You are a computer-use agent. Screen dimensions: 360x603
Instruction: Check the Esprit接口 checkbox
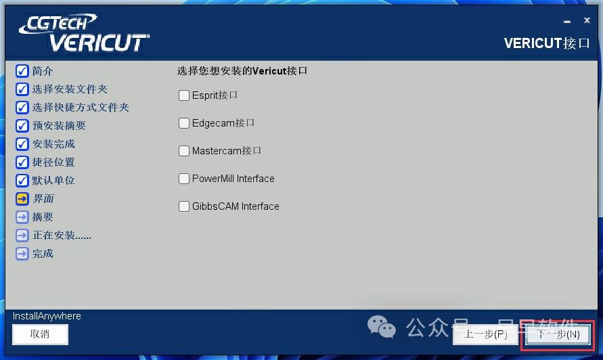(184, 95)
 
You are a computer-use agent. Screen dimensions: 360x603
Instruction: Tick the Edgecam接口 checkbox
(184, 123)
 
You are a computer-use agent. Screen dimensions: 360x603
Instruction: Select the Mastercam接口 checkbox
(184, 151)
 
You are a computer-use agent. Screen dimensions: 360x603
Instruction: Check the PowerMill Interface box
(184, 179)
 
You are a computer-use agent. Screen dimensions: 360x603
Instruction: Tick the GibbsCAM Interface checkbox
(184, 206)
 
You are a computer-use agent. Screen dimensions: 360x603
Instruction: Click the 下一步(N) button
(558, 334)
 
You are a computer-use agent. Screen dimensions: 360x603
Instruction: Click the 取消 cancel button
(40, 334)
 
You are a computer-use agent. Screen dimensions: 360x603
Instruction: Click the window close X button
(587, 21)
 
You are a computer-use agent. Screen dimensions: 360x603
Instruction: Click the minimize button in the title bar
(566, 22)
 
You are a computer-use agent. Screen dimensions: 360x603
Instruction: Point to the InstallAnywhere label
(47, 316)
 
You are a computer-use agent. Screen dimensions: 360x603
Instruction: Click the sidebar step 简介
(42, 71)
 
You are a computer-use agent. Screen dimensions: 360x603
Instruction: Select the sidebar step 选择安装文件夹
(69, 89)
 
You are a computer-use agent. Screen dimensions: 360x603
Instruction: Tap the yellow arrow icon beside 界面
(22, 199)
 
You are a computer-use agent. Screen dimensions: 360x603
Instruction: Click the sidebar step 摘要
(42, 217)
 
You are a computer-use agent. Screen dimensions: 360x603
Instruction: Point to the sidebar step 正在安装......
(61, 235)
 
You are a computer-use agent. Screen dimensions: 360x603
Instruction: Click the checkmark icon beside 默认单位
(22, 181)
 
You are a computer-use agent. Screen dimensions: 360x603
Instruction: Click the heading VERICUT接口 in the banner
(547, 43)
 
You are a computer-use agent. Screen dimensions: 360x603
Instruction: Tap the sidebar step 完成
(42, 254)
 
